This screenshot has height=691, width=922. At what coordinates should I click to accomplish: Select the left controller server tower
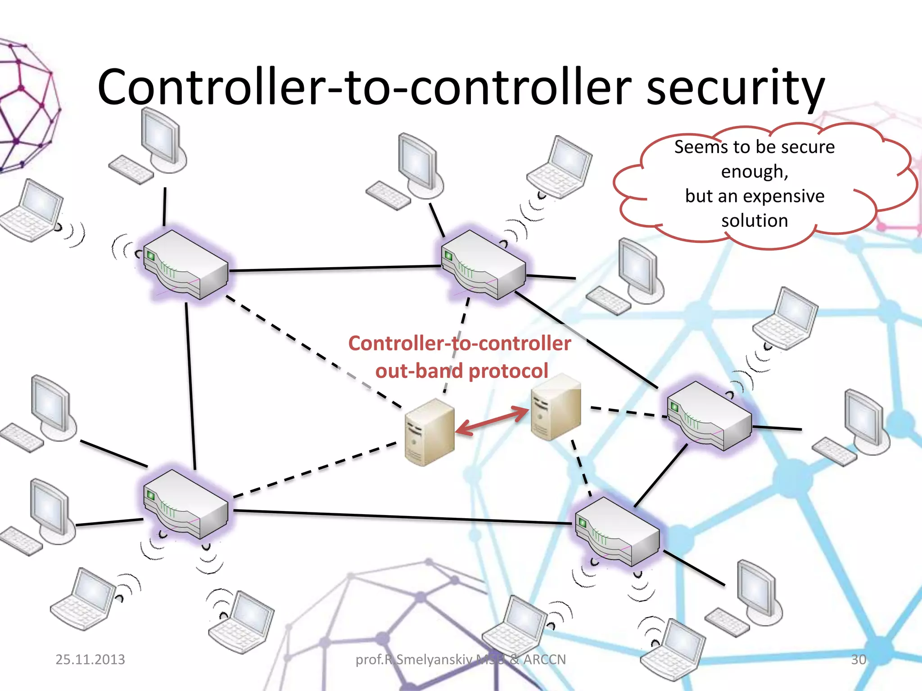tap(429, 432)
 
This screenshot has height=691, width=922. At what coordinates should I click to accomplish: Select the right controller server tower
tap(556, 407)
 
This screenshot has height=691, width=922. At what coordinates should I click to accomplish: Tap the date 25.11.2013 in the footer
tap(90, 660)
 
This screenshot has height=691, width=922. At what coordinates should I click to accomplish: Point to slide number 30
tap(858, 660)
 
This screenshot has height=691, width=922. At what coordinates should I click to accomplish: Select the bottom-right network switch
tap(617, 531)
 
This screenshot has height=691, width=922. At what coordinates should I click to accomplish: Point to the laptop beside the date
tap(83, 598)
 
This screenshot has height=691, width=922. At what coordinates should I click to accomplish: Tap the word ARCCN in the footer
tap(544, 660)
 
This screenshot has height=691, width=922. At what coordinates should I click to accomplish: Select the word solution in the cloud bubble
tap(755, 221)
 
